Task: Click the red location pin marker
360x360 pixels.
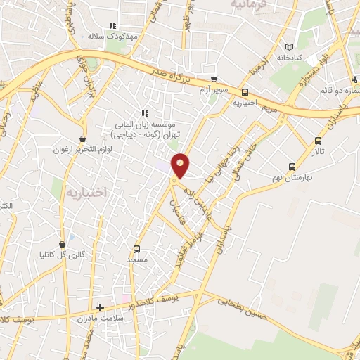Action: (181, 165)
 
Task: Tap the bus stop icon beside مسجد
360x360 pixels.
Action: (136, 248)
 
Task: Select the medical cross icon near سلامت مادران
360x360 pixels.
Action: (100, 307)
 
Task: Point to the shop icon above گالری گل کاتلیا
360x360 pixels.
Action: (62, 244)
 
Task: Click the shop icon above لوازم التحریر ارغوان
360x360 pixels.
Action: (83, 139)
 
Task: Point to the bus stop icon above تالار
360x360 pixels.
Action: (319, 141)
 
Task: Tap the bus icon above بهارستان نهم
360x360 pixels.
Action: (292, 167)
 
